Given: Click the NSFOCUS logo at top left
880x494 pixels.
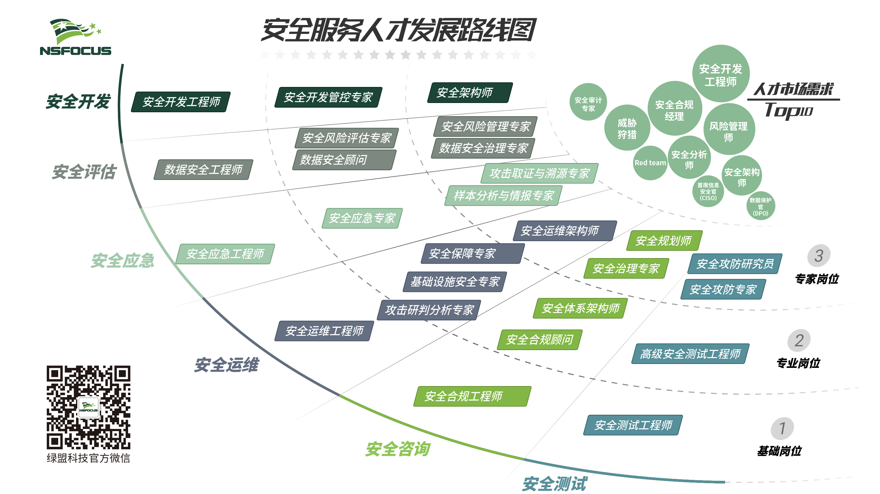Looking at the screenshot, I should tap(75, 37).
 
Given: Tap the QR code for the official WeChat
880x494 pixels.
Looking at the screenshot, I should tap(88, 407).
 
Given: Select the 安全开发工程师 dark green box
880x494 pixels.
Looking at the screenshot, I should tap(181, 101).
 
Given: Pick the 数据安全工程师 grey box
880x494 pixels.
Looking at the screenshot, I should tap(203, 169).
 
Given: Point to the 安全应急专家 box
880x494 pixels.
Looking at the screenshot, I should tap(362, 218).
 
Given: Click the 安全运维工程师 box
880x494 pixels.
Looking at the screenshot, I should tap(324, 331).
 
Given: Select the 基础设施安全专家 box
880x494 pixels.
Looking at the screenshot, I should tap(454, 282).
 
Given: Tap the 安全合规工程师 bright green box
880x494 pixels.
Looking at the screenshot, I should tap(472, 396).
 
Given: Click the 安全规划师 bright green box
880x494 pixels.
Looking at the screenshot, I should tap(664, 241).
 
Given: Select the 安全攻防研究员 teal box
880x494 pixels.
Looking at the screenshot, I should tap(734, 263).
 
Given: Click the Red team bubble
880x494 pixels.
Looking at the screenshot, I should tap(650, 163).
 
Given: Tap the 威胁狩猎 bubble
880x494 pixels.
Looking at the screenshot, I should tap(627, 128).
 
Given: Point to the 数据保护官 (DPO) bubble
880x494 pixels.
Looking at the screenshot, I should tap(760, 206).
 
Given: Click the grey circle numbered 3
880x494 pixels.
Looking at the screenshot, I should tap(818, 256).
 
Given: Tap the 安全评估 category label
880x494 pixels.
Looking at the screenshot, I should tap(84, 171).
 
